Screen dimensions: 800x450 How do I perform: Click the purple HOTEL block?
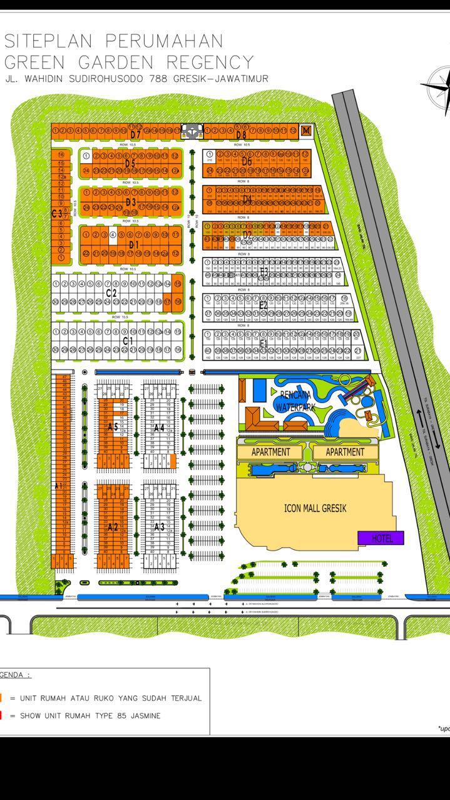[x=381, y=537]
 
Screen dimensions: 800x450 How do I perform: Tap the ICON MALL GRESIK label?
[x=315, y=508]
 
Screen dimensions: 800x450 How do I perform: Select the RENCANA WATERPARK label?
[x=294, y=400]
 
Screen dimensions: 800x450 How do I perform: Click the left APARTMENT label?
[x=271, y=451]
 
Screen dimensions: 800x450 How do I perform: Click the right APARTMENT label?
[x=345, y=451]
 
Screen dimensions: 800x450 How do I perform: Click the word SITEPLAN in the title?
[x=49, y=41]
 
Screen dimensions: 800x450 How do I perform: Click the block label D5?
[x=130, y=164]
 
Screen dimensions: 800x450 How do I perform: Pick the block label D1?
[x=133, y=244]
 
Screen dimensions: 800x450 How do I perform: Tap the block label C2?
[x=111, y=293]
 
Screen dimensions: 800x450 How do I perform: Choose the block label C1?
[x=128, y=341]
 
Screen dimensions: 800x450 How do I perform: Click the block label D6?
[x=247, y=162]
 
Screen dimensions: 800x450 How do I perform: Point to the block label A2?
[x=113, y=527]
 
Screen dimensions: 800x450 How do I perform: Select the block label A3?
[x=159, y=527]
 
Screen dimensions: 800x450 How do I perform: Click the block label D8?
[x=242, y=134]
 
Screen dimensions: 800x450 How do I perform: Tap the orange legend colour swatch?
[x=2, y=697]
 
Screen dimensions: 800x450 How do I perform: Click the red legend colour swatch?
[x=2, y=716]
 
